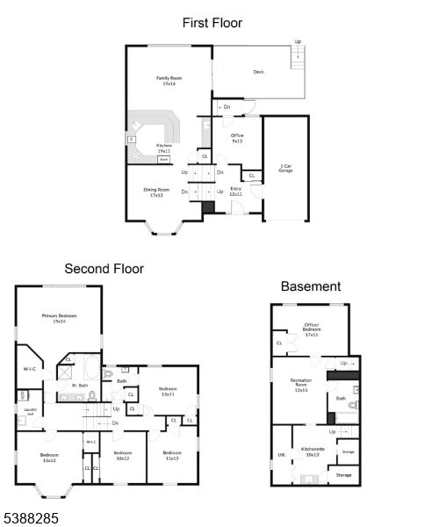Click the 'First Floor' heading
coord(212,23)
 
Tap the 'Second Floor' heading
coord(104,269)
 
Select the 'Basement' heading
coord(310,286)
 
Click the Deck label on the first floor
coord(259,72)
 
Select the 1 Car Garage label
coord(285,169)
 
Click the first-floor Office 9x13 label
coord(237,138)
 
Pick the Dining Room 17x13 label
coord(156,192)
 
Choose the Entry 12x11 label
coord(235,191)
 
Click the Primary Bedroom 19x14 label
coord(60,318)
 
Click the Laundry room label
coord(29,411)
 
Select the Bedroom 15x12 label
coord(49,458)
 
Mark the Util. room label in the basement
coord(281,455)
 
